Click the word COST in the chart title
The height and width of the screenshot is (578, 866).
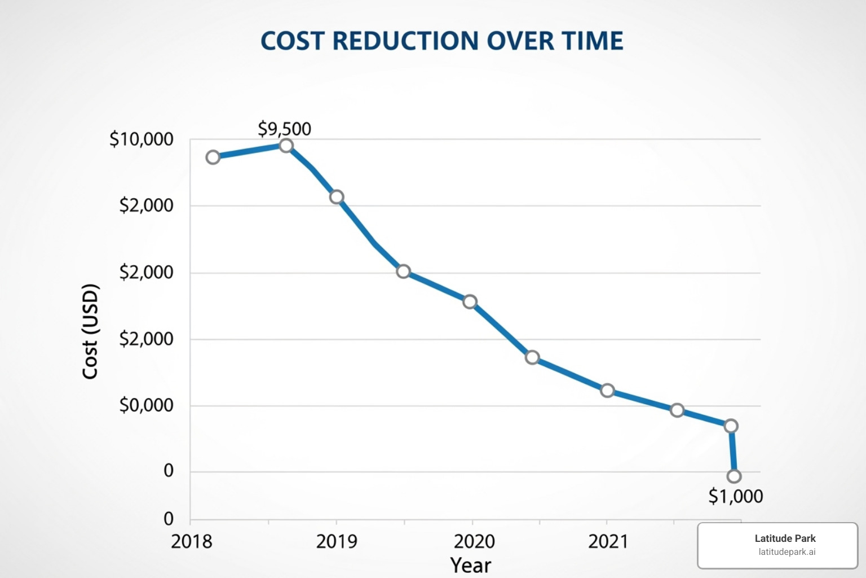coord(292,41)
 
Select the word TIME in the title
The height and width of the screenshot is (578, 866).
coord(592,41)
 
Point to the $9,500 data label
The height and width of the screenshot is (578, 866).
coord(284,129)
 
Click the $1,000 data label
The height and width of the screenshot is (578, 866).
coord(735,496)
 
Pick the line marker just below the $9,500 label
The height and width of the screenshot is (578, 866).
coord(286,146)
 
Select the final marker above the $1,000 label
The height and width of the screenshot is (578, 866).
coord(734,476)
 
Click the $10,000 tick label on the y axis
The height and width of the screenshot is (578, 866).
coord(142,139)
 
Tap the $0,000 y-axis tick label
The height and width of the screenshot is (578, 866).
coord(146,405)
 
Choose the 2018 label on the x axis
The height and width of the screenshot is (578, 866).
coord(192,541)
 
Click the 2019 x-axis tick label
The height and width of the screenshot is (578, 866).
coord(337,541)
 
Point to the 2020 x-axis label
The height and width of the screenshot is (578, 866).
coord(474,541)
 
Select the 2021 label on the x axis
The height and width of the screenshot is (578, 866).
coord(608,541)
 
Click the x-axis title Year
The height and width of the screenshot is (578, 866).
coord(471,565)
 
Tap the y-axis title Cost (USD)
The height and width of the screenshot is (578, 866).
coord(90,331)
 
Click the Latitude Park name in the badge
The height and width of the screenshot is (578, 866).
coord(785,538)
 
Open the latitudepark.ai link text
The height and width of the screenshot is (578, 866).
coord(787,552)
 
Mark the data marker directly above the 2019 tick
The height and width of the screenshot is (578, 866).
coord(337,197)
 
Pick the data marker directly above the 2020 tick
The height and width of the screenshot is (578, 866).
coord(470,301)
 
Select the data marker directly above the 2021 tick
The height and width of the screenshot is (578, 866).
coord(607,391)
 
